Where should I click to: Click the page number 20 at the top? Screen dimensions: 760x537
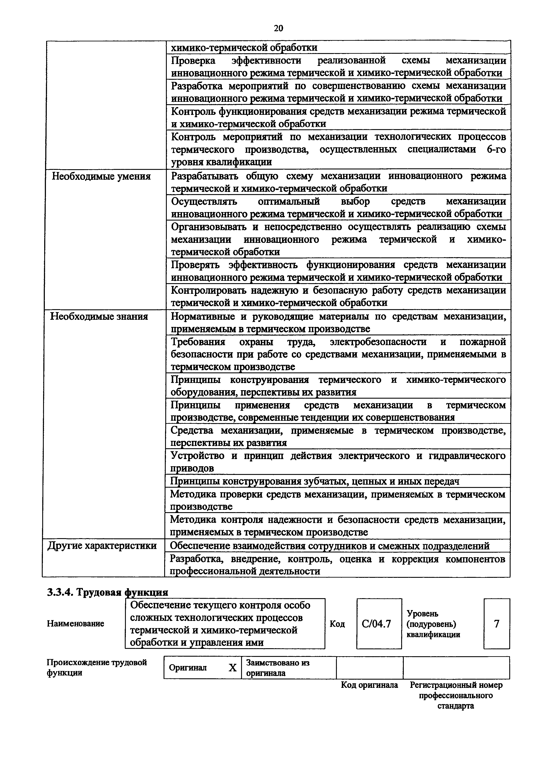click(x=278, y=28)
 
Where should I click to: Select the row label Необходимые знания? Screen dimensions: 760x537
click(x=99, y=317)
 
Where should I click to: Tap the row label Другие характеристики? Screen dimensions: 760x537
click(x=102, y=545)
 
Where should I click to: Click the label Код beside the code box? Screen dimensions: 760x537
click(x=337, y=624)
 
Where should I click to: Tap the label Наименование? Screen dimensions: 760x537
click(x=75, y=624)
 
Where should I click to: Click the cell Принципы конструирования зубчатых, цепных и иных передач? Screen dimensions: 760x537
click(x=314, y=481)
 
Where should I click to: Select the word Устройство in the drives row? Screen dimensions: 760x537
click(x=197, y=456)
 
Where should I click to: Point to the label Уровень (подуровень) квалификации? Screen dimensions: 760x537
click(x=433, y=624)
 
